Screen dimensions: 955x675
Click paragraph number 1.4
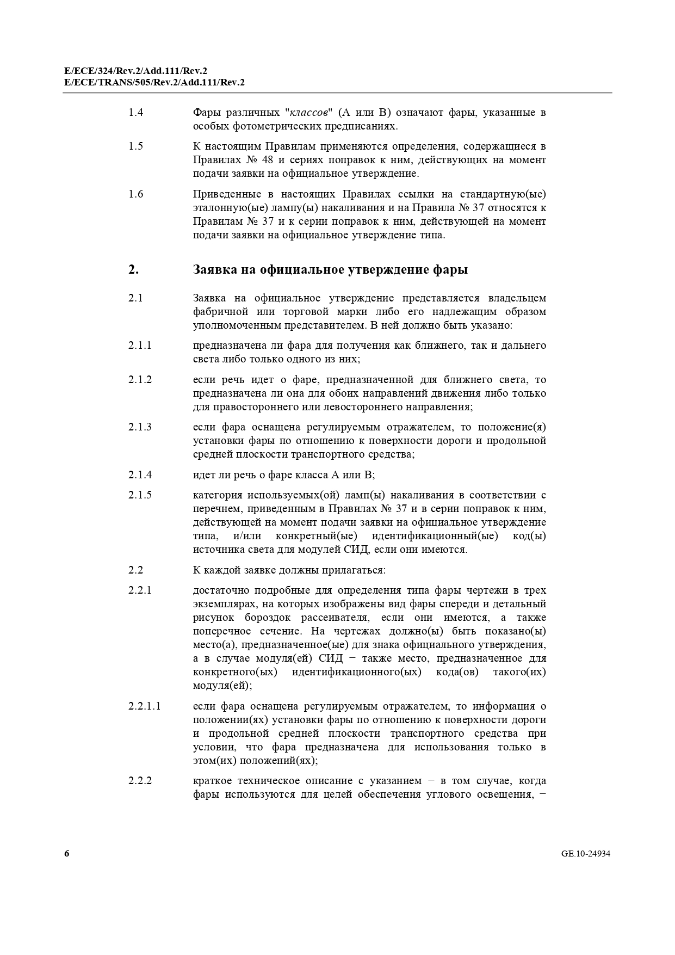coord(135,113)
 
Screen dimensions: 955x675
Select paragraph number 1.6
coord(135,194)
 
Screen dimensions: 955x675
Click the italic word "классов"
coord(308,113)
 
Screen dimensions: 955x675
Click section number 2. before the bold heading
coord(133,270)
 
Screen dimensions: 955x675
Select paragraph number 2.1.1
coord(140,346)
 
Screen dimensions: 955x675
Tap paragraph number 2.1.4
coord(140,475)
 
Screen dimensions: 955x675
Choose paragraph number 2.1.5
coord(140,495)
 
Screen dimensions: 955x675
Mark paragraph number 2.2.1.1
coord(144,706)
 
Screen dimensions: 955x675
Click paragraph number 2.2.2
coord(140,781)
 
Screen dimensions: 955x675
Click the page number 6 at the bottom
coord(67,853)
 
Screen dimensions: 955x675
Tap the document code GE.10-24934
coord(585,854)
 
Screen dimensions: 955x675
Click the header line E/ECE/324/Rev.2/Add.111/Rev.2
coord(135,71)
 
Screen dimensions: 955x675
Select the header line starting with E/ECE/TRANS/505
coord(154,82)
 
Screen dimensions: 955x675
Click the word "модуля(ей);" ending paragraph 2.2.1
coord(222,686)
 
